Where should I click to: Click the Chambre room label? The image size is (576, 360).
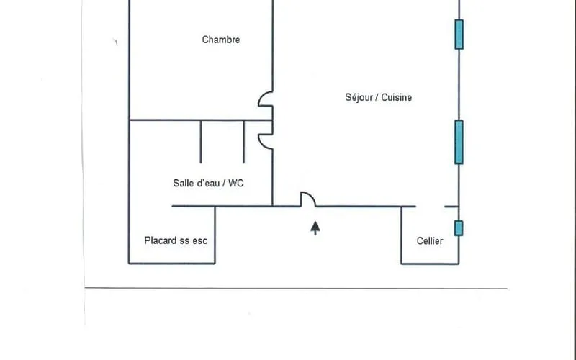221,40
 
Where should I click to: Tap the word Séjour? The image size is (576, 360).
359,97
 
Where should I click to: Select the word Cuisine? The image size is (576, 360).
397,97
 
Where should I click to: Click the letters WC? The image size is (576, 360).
236,183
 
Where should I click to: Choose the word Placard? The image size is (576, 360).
158,240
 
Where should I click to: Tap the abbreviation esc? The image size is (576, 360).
200,241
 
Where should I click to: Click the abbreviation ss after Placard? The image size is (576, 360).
182,241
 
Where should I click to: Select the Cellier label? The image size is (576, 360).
430,241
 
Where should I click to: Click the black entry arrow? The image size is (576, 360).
315,228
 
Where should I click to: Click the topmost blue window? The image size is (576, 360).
459,34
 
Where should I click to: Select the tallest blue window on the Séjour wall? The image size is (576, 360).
459,142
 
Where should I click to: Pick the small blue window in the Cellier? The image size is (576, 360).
459,228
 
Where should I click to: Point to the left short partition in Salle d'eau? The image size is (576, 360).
201,142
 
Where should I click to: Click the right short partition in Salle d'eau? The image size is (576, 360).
243,142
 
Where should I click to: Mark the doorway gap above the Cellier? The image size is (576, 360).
430,207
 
